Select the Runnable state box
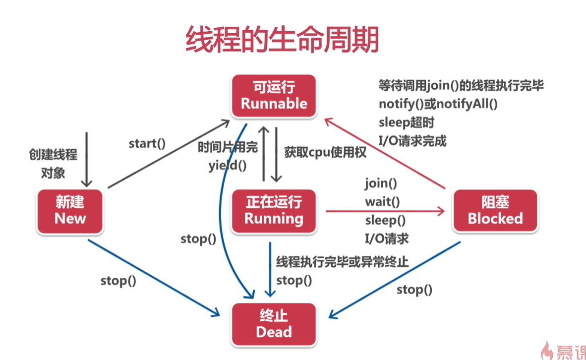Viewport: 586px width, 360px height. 274,96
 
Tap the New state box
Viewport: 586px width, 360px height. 70,210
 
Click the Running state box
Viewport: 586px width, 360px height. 274,210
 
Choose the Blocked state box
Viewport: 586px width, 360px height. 494,210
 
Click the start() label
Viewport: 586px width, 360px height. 147,144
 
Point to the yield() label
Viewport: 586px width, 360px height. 227,166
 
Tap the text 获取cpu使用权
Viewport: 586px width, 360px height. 325,152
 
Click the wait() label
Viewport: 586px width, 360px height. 382,202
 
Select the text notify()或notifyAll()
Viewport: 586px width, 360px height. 438,104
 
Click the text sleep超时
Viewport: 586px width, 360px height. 407,122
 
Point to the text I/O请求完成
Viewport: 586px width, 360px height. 412,141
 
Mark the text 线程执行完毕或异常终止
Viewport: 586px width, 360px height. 342,261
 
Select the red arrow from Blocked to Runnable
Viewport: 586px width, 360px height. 387,154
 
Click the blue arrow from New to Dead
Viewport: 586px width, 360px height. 154,278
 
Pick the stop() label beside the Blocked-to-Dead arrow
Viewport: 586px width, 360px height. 414,290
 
